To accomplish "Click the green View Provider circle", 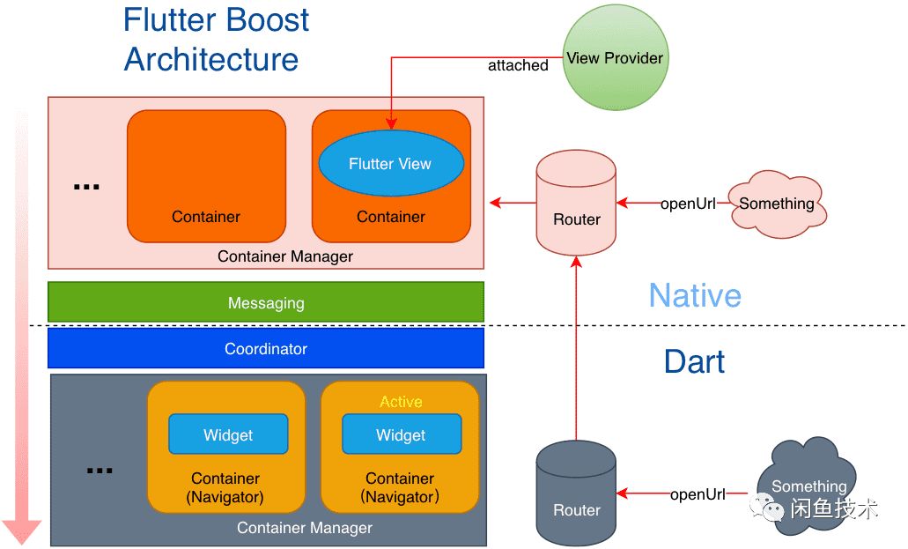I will point(615,59).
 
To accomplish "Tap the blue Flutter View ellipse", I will point(390,164).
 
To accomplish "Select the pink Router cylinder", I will point(577,203).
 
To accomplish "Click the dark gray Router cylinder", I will point(577,493).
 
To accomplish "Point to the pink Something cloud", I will point(776,204).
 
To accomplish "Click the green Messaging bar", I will point(266,302).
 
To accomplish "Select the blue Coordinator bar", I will point(266,348).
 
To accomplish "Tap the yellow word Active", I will point(401,402).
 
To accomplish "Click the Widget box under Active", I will point(401,434).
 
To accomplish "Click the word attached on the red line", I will point(518,65).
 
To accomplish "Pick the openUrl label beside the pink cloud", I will point(688,204).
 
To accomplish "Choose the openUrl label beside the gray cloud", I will point(698,494).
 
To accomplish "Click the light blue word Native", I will point(695,295).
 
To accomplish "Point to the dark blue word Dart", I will point(695,361).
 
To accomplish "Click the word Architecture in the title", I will point(211,59).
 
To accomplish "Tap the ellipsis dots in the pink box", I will point(86,187).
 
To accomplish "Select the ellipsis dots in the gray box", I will point(100,470).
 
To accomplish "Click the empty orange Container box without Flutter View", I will point(206,175).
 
